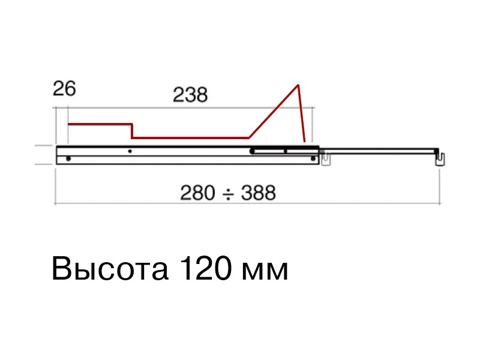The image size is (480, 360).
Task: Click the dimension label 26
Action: [x=64, y=89]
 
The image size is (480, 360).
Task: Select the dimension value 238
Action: [x=190, y=95]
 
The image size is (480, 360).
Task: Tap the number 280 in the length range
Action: [x=197, y=193]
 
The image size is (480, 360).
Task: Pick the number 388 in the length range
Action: [x=259, y=193]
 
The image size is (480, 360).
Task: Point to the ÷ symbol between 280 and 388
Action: [x=228, y=194]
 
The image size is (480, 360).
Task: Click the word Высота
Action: [x=110, y=269]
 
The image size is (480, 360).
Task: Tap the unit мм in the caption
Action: [x=265, y=272]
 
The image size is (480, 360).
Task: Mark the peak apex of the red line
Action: [x=298, y=85]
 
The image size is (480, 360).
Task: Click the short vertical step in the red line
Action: [x=132, y=131]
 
